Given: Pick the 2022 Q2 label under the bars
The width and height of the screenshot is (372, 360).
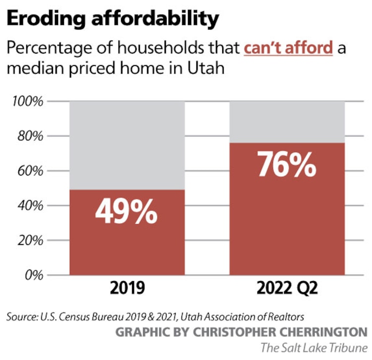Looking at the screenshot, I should tap(287, 289).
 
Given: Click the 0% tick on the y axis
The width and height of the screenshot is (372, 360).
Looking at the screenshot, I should tap(33, 275).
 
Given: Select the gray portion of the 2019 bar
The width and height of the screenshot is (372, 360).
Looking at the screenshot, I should tap(126, 145).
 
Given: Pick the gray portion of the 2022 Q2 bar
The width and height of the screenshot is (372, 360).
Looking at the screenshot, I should tap(287, 122).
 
